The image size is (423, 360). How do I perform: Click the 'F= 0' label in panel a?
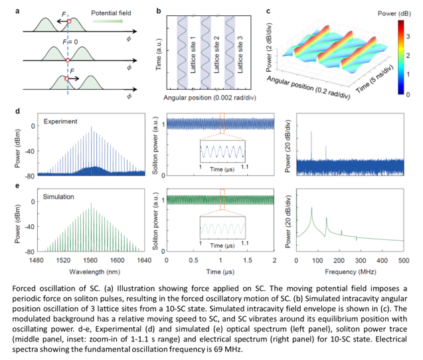70,43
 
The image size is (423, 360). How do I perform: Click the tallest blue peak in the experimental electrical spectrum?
311,133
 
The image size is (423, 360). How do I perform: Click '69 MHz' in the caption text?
207,345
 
